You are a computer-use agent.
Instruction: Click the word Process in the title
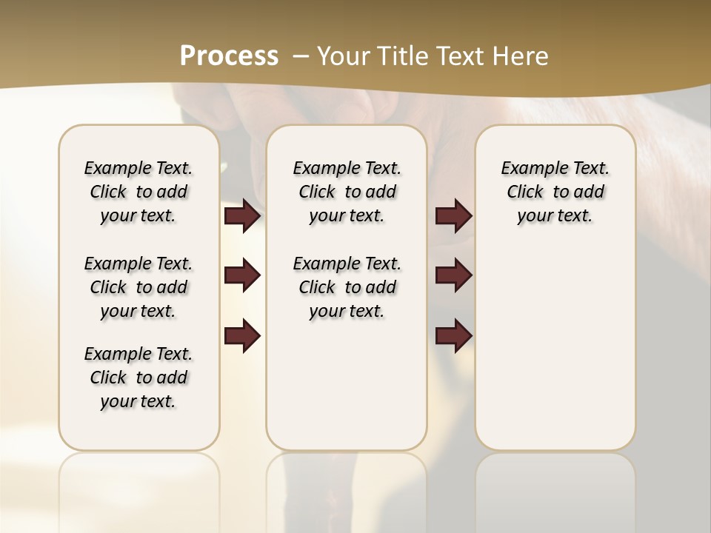pos(229,56)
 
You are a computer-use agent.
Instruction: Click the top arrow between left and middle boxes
pos(242,216)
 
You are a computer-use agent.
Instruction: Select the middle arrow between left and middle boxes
pos(242,276)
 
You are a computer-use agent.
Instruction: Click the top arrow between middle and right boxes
pos(453,216)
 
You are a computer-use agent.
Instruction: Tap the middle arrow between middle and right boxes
pos(453,276)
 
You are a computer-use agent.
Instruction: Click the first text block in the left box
pos(138,192)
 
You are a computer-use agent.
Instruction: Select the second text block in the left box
pos(138,287)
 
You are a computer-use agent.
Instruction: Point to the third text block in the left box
pos(138,378)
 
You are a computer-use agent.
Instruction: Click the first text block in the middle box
pos(347,192)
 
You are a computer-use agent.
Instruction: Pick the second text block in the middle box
pos(347,287)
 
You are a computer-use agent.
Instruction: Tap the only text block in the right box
pos(555,192)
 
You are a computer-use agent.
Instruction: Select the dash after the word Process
pos(301,56)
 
